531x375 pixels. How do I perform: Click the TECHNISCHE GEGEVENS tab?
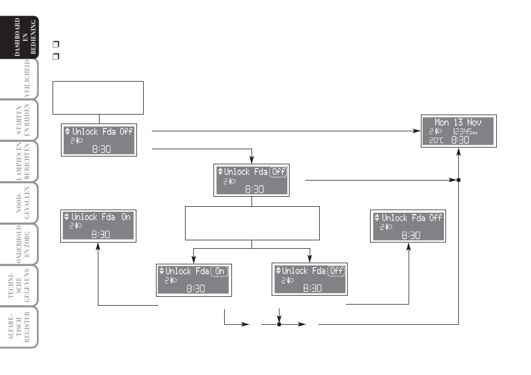20,286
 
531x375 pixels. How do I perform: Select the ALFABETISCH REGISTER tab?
20,327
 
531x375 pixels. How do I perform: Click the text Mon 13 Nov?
458,122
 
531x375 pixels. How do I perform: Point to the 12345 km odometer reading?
465,131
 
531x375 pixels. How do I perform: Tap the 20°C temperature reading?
436,140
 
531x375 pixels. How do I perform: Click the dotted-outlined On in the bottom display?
220,271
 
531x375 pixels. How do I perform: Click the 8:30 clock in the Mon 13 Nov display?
460,140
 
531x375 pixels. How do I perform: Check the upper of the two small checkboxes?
56,44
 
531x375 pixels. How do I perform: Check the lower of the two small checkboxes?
56,56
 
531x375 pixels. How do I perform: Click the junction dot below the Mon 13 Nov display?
458,180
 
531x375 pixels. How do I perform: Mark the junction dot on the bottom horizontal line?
279,324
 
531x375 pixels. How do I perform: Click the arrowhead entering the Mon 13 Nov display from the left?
417,131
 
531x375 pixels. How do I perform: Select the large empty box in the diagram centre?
252,224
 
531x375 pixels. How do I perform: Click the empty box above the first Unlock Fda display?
98,98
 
